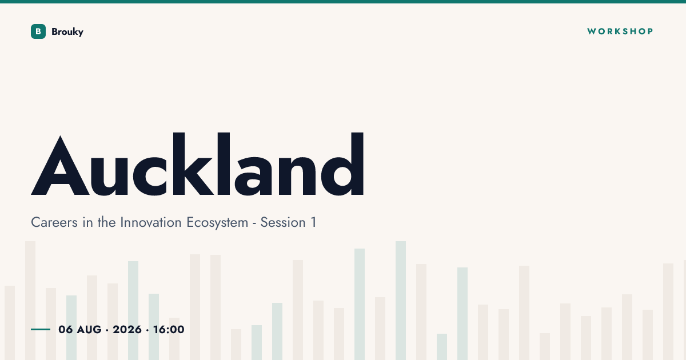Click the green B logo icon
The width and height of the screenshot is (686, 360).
coord(38,31)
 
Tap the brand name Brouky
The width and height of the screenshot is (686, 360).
coord(67,32)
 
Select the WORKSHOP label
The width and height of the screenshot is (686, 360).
coord(620,31)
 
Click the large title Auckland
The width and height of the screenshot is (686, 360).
coord(198,164)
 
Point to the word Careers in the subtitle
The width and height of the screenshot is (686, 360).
coord(54,222)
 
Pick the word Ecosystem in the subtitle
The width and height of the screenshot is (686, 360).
coord(217,223)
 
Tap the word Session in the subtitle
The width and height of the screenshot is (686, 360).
coord(283,222)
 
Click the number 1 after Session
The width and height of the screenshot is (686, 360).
coord(314,222)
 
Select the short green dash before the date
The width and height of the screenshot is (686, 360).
coord(41,329)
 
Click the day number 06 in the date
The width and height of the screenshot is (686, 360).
coord(66,330)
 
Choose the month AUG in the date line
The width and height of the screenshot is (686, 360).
coord(89,330)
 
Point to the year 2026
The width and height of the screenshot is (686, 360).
coord(127,330)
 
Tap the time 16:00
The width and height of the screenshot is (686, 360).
coord(169,330)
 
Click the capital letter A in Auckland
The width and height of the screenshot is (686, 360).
coord(61,165)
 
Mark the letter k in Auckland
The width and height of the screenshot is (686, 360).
coord(193,164)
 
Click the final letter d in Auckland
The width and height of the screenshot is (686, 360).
coord(342,164)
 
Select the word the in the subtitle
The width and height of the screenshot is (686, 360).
coord(106,222)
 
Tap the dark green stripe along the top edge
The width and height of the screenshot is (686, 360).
coord(343,2)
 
